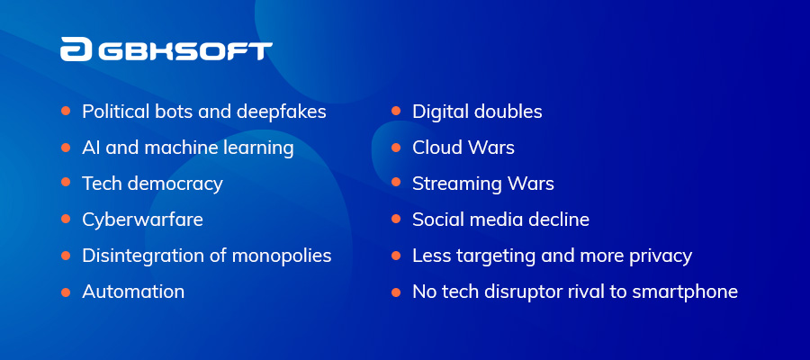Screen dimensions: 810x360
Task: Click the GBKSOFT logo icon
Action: tap(76, 49)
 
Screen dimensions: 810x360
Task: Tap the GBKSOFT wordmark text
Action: tap(184, 51)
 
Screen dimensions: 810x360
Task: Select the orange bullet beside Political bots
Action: tap(66, 111)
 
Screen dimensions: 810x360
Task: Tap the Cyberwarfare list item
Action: tap(142, 220)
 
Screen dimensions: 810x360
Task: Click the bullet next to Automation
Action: tap(66, 292)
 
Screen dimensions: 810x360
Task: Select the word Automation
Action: tap(133, 292)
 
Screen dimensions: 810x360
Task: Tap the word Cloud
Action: tap(436, 148)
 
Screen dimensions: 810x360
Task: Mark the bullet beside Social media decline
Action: tap(396, 219)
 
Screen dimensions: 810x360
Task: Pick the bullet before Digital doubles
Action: tap(396, 111)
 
